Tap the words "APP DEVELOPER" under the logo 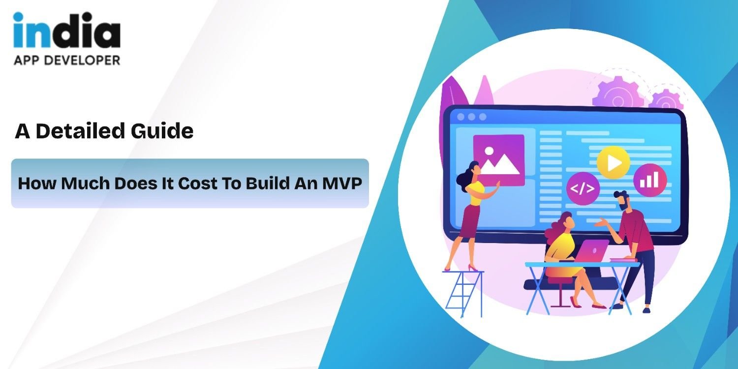click(66, 60)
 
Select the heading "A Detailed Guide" click(104, 131)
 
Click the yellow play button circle click(613, 162)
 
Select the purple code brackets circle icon click(583, 188)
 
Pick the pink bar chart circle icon click(650, 180)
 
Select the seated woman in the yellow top click(566, 251)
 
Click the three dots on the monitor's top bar click(471, 117)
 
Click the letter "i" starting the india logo click(20, 32)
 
